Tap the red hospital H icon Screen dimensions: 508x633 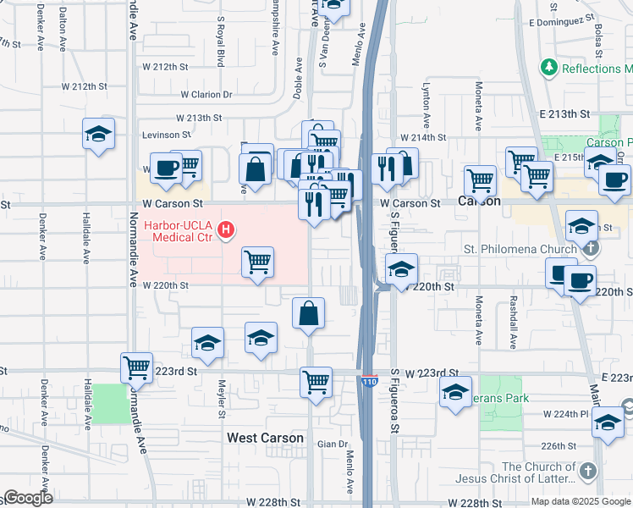click(226, 229)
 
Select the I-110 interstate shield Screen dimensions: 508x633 click(368, 382)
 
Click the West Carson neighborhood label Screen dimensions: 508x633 click(265, 438)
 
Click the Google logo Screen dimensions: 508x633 click(28, 498)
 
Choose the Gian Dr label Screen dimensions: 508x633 click(332, 444)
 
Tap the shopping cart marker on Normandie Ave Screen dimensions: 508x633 click(136, 367)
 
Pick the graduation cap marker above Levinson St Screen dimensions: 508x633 click(98, 133)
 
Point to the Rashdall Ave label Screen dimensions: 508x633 click(513, 321)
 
